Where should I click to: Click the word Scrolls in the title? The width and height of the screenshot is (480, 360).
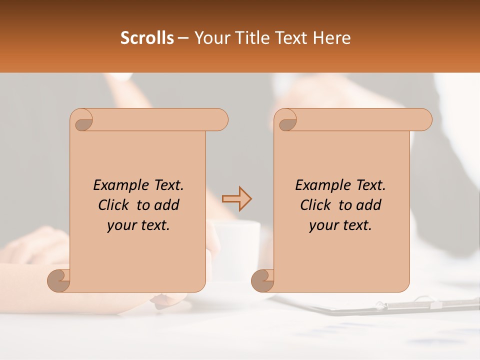[x=147, y=38]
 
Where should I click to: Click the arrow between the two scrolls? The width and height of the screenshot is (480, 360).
[x=236, y=199]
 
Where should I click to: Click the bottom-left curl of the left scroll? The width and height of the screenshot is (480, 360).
[x=58, y=281]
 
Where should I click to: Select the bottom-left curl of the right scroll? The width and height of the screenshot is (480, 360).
[x=262, y=281]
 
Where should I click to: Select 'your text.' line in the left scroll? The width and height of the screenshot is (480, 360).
[x=138, y=225]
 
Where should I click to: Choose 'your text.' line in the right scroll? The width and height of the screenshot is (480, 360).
[x=340, y=225]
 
